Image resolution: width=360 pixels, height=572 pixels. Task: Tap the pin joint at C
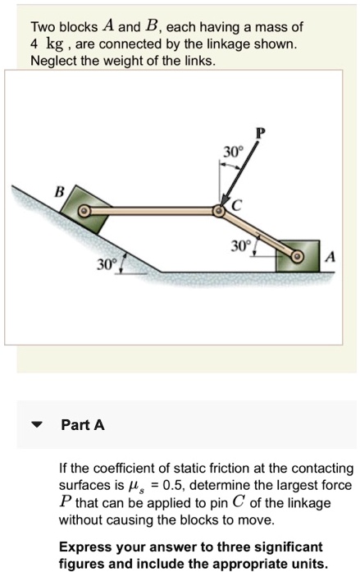220,212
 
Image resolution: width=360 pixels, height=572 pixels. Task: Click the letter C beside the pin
236,207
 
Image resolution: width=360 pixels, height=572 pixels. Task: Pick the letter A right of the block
330,257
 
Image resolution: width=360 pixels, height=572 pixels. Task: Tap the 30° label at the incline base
104,266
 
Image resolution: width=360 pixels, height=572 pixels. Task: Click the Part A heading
83,425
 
